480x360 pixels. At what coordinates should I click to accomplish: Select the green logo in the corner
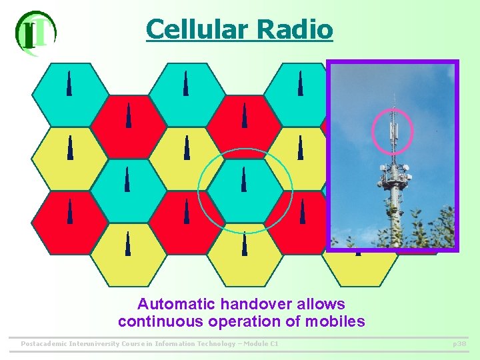[35, 32]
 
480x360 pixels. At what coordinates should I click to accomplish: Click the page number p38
[459, 344]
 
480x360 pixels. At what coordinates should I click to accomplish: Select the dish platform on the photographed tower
[393, 175]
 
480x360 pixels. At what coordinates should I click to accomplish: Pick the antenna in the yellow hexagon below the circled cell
[245, 244]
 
